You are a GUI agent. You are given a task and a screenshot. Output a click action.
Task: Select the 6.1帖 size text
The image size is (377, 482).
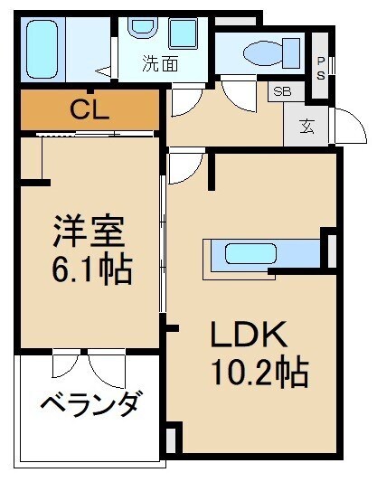click(88, 269)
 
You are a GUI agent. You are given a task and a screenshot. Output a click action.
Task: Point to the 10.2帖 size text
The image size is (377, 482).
click(259, 371)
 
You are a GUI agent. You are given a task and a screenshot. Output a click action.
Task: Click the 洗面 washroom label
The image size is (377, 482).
click(158, 64)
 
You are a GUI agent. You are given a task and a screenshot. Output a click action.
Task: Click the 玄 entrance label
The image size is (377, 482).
click(307, 127)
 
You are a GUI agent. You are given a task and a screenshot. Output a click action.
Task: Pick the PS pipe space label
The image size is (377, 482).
click(320, 69)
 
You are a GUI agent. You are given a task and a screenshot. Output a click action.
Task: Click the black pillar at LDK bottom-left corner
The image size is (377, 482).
click(174, 440)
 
